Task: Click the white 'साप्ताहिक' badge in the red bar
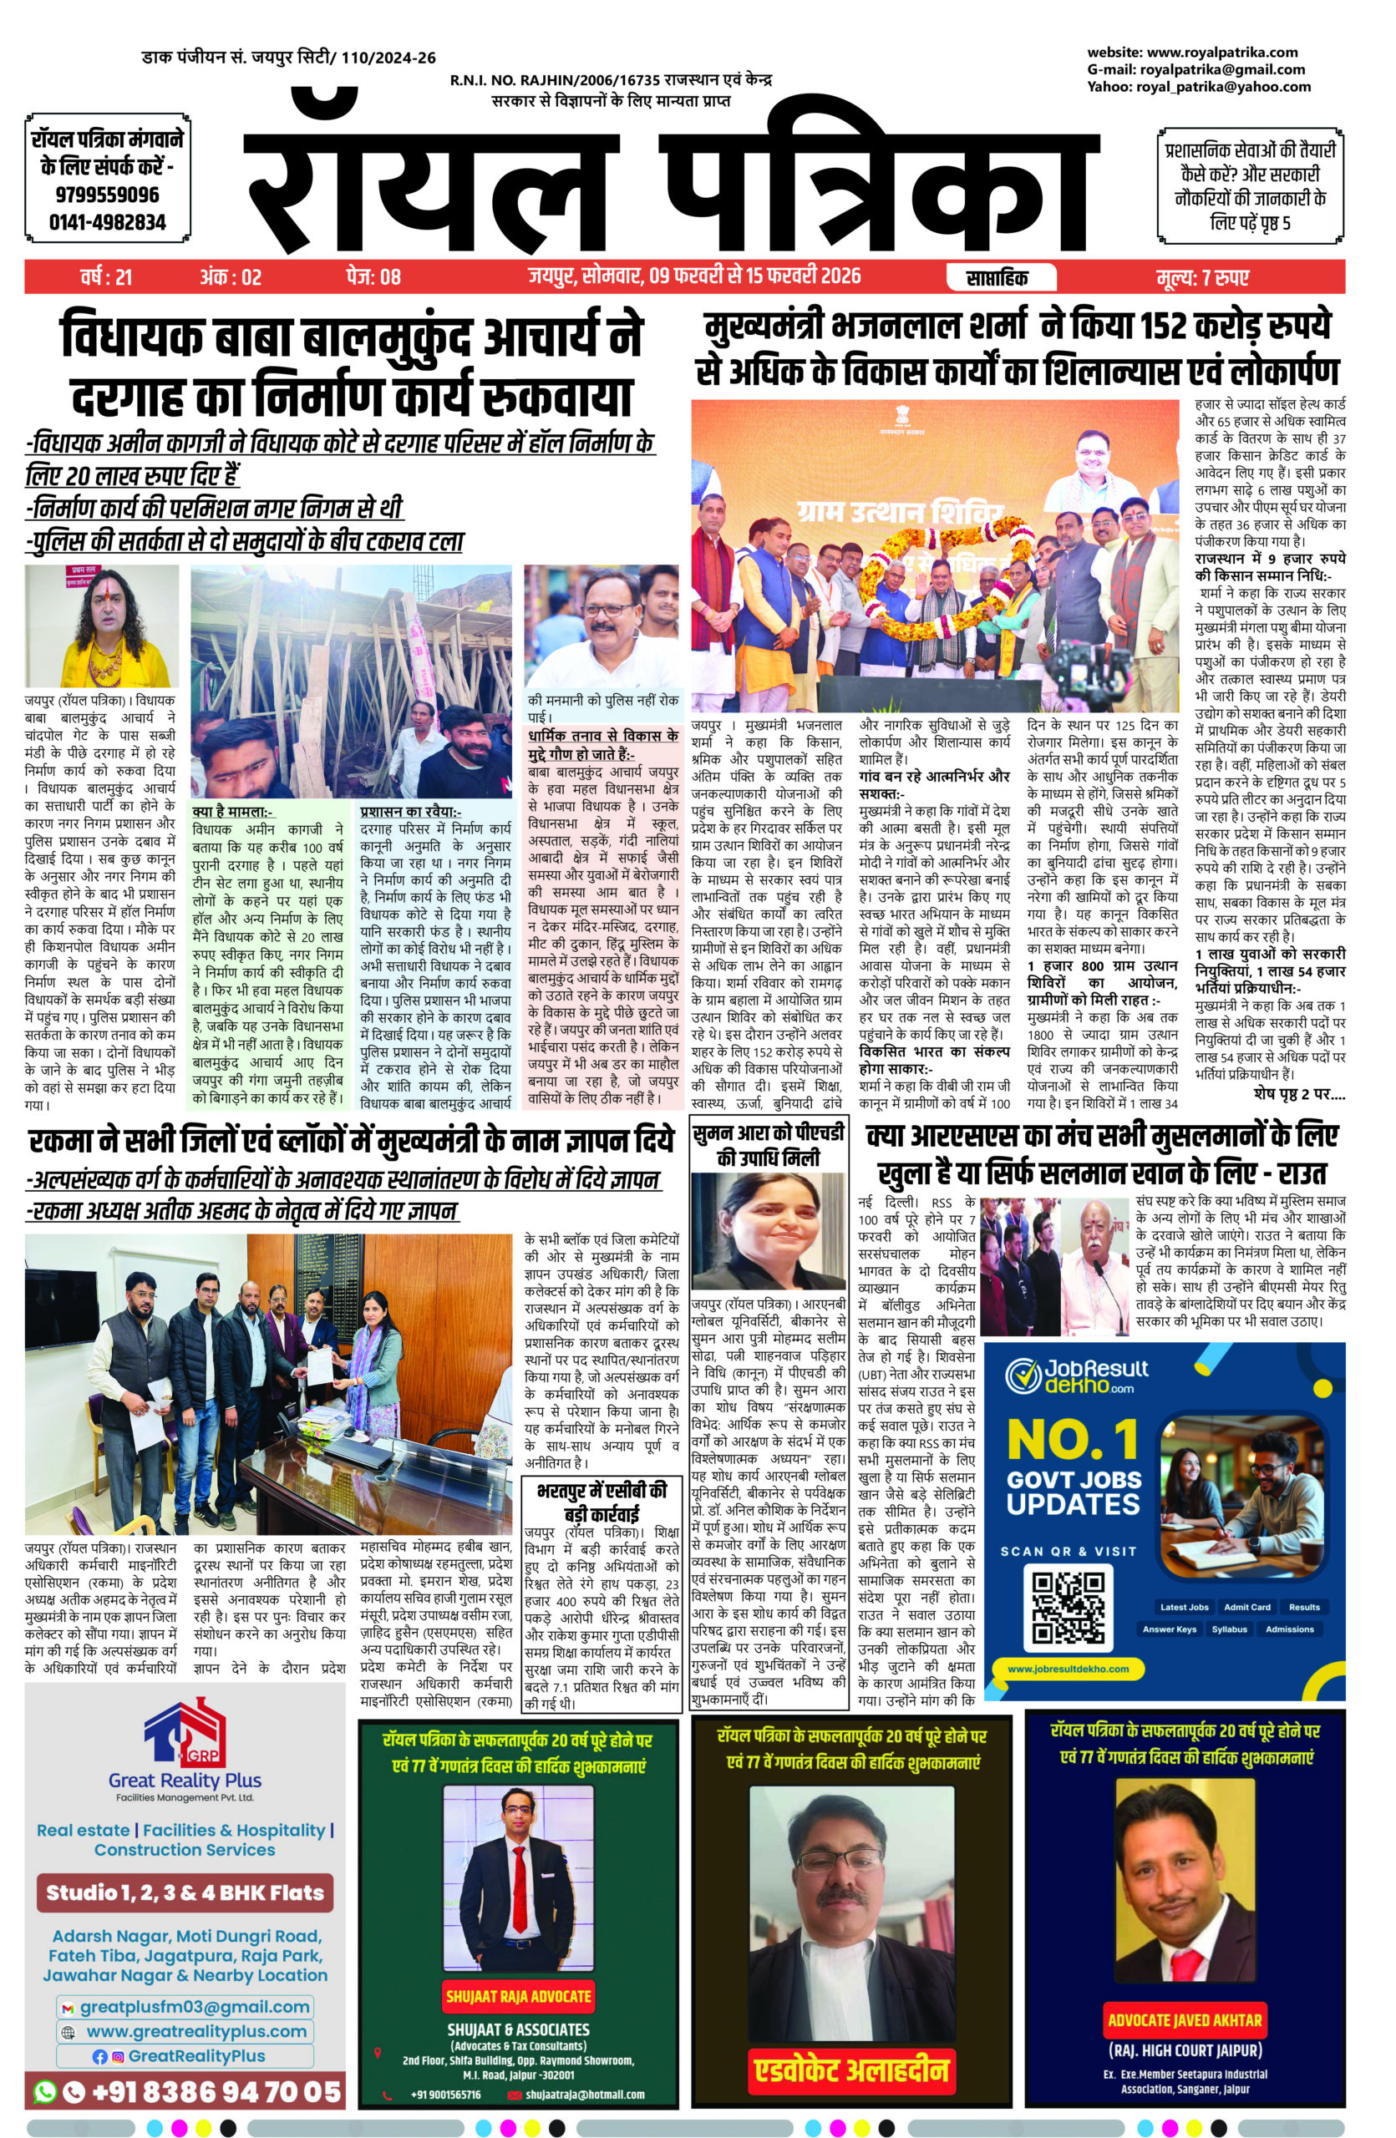(1003, 276)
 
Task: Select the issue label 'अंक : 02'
(231, 276)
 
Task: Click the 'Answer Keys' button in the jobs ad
(1169, 1629)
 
